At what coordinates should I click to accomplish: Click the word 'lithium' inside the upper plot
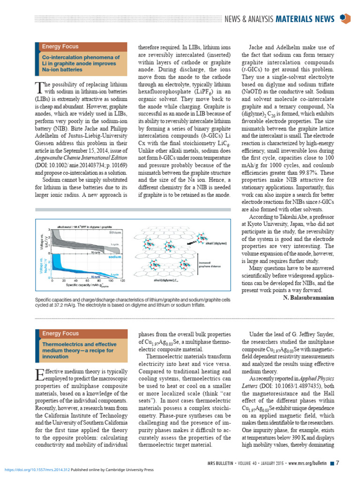115,232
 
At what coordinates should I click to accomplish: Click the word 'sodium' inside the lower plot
115,258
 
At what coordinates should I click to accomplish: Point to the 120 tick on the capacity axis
122,281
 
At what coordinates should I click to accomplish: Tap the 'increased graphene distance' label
210,264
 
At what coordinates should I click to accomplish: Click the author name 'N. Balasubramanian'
309,297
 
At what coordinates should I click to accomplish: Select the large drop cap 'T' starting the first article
39,87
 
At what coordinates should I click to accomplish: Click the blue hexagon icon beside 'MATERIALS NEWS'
345,18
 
